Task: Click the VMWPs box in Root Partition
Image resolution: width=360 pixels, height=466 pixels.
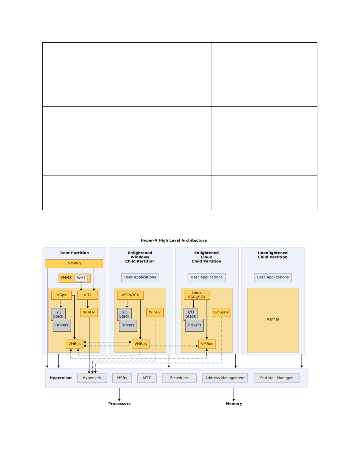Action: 74,263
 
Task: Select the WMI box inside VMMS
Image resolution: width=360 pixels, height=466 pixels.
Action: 81,278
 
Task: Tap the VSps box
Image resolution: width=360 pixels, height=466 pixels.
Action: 61,295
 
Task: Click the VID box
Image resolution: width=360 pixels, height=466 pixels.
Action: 87,295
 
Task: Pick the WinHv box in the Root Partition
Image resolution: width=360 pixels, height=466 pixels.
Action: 89,312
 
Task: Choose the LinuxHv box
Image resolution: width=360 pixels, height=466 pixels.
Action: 221,312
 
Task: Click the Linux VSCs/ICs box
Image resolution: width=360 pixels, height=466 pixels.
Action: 197,295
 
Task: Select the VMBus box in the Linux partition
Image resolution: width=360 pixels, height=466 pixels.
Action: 207,344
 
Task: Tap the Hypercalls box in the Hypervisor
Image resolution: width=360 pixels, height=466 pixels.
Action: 92,378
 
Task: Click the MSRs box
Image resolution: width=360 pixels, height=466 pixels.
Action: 122,378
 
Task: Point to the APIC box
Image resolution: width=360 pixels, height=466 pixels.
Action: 147,378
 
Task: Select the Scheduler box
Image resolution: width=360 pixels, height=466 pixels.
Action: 179,378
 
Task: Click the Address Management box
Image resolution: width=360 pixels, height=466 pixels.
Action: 225,378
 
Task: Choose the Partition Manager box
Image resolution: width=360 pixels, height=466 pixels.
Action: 277,378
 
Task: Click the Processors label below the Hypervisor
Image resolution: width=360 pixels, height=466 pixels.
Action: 119,404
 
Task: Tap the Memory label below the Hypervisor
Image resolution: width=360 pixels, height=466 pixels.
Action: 234,404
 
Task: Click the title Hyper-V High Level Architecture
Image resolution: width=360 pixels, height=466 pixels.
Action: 174,240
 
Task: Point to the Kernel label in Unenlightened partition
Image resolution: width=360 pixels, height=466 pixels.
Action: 273,319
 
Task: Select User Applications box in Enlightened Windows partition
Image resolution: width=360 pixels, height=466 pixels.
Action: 140,278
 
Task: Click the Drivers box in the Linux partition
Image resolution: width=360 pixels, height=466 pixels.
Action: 194,325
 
